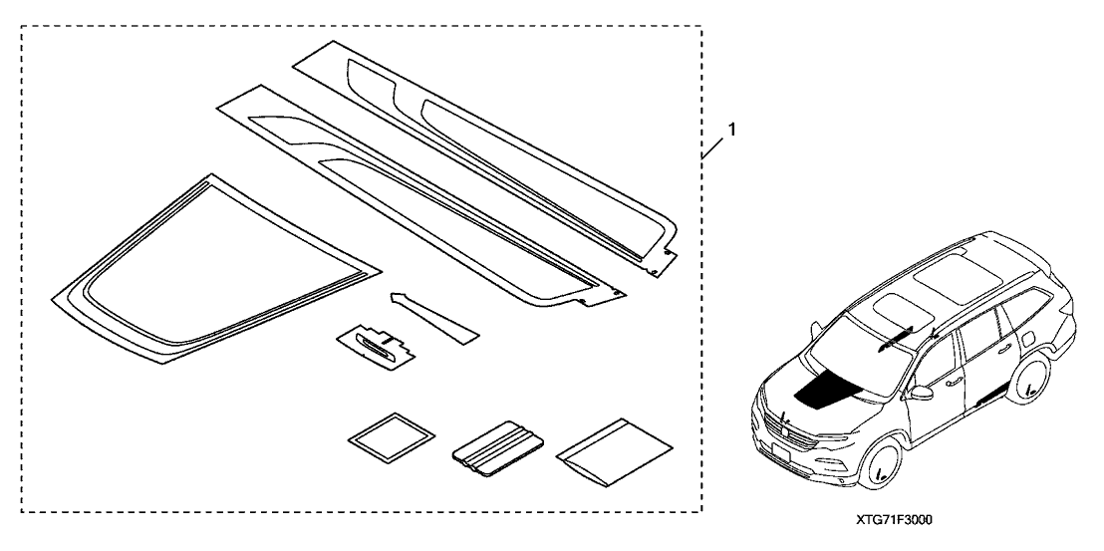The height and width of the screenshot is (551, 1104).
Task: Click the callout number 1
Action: pyautogui.click(x=732, y=130)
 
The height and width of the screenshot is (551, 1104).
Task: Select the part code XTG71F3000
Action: pyautogui.click(x=894, y=520)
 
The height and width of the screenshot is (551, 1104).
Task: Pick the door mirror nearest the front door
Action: pyautogui.click(x=921, y=392)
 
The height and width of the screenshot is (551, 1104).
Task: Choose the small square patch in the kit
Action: pyautogui.click(x=392, y=437)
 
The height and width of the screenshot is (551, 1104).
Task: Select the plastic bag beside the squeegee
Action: pyautogui.click(x=614, y=451)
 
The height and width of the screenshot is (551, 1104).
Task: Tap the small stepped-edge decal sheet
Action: pyautogui.click(x=376, y=346)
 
